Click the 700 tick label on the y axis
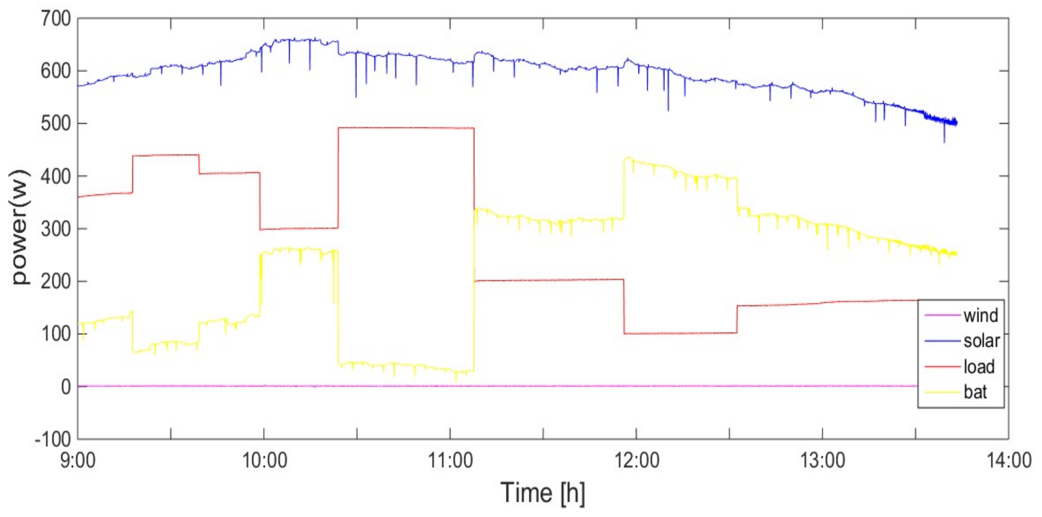56,19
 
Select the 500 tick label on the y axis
56,123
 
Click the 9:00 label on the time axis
78,460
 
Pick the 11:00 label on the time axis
450,460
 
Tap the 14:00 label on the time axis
1009,460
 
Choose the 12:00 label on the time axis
637,460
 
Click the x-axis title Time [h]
543,492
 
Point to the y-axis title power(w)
20,227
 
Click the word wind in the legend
981,315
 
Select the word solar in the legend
981,341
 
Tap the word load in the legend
978,366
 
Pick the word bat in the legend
975,392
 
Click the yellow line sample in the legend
942,392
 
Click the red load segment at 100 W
680,334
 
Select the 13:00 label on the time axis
823,460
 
